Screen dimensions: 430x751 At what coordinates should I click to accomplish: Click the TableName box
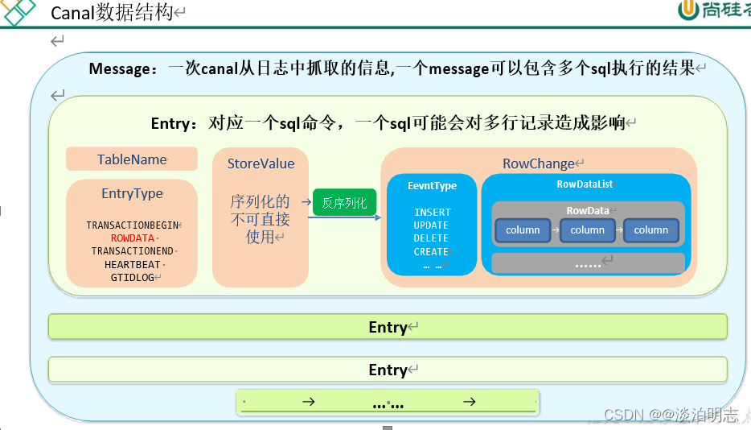(132, 159)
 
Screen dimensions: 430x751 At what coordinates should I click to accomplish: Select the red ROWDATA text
(132, 238)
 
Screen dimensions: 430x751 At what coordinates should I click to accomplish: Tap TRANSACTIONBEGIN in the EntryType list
(133, 225)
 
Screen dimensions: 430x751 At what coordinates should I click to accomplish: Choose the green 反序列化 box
(344, 203)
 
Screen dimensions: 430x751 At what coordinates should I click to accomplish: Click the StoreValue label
(261, 163)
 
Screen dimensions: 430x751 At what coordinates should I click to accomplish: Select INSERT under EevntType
(432, 213)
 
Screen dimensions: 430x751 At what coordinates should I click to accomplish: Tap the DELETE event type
(431, 238)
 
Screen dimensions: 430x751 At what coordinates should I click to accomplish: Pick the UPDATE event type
(431, 225)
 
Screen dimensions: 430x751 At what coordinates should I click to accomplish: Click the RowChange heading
(538, 163)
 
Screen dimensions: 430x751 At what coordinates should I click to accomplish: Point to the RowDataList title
(585, 184)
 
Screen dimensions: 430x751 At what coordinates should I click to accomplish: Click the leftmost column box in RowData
(523, 230)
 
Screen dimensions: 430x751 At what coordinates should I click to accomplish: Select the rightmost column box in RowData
(650, 230)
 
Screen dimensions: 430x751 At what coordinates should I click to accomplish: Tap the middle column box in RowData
(587, 230)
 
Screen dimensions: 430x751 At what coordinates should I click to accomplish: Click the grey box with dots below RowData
(588, 263)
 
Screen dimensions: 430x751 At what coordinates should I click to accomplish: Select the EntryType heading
(132, 193)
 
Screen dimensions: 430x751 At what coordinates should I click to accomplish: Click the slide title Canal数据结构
(112, 13)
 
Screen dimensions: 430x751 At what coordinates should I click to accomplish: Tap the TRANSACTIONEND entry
(132, 251)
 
